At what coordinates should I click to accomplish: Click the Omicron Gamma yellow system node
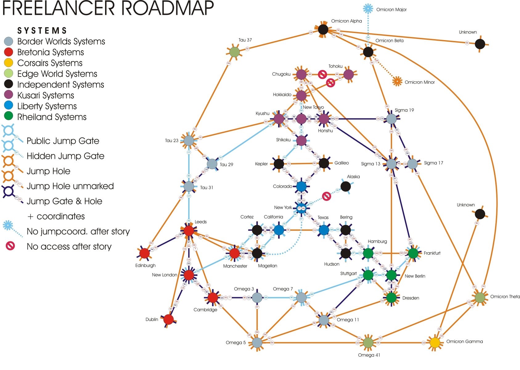click(x=435, y=343)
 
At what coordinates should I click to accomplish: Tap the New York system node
click(x=301, y=208)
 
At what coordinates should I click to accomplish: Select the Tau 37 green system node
click(x=235, y=52)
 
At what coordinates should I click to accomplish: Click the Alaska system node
click(x=346, y=186)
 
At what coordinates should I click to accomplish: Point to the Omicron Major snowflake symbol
click(x=368, y=9)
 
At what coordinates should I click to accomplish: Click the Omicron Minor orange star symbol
click(x=397, y=81)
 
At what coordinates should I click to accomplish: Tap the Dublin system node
click(x=168, y=319)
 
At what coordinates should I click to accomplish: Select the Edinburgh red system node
click(x=144, y=253)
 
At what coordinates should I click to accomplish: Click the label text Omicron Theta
click(x=505, y=297)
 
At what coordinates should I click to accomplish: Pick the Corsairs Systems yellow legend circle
click(x=9, y=63)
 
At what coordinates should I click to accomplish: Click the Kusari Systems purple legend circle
click(x=9, y=95)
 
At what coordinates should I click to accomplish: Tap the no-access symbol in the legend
click(x=10, y=246)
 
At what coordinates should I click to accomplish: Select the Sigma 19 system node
click(x=391, y=118)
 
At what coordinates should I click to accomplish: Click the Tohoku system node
click(x=348, y=74)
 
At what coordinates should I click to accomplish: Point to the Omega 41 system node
click(x=368, y=343)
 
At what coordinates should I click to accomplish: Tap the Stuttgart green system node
click(x=368, y=275)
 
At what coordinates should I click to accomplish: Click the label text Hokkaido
click(x=282, y=95)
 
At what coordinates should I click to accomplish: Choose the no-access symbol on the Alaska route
click(x=326, y=196)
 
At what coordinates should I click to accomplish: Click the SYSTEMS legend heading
click(x=42, y=31)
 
